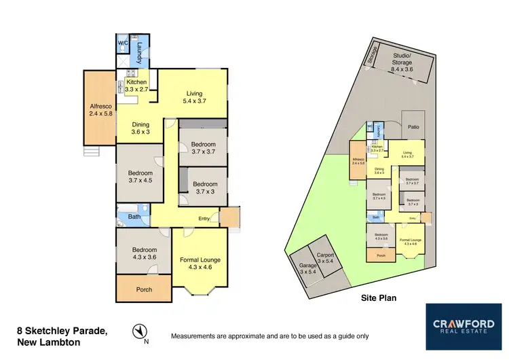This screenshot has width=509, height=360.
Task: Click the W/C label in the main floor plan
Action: (123, 43)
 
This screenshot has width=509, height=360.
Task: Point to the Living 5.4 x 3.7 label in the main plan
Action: (194, 97)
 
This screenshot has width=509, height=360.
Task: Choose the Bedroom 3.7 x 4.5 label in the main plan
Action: (140, 177)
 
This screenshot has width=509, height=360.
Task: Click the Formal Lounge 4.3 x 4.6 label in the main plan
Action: (200, 264)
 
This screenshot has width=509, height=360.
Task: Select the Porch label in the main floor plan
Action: (145, 289)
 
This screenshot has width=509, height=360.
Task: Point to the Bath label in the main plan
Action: (133, 218)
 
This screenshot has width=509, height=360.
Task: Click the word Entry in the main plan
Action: (204, 218)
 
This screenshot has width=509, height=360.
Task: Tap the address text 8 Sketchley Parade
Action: (62, 331)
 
